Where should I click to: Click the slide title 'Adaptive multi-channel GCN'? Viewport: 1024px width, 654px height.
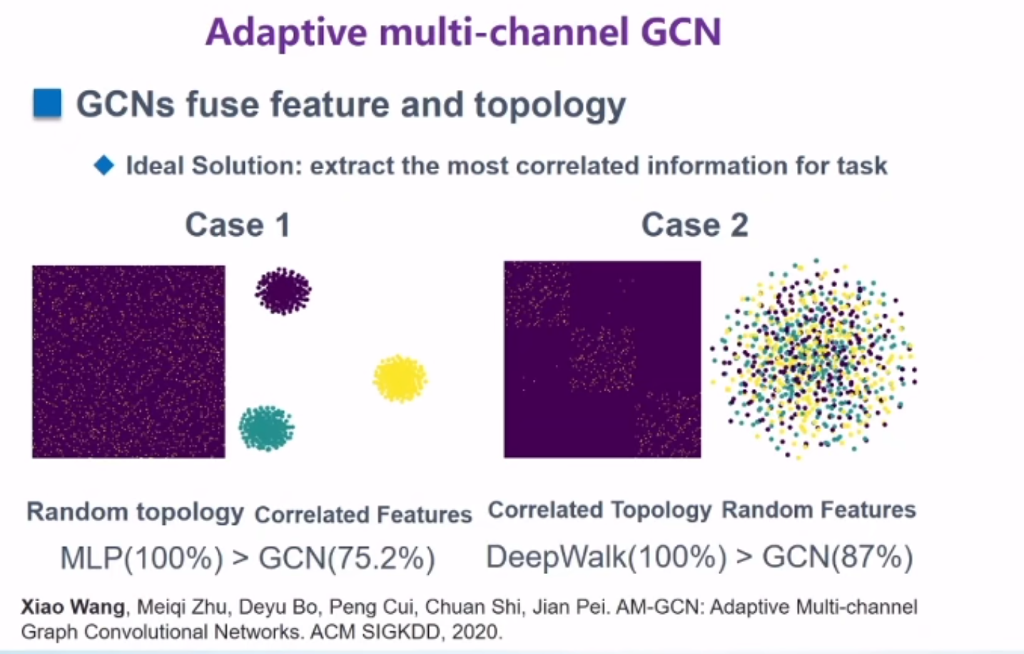(464, 32)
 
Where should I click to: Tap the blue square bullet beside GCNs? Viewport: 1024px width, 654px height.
(48, 104)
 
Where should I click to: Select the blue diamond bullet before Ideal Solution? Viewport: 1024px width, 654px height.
(104, 166)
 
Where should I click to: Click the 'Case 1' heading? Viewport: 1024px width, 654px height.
(238, 225)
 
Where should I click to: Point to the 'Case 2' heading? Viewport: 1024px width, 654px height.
(694, 225)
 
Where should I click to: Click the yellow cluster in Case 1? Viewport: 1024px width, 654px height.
(400, 378)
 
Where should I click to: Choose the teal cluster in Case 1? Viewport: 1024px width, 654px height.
(266, 428)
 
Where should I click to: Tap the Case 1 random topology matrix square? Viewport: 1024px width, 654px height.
(128, 361)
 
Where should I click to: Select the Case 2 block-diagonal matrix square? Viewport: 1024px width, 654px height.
(602, 359)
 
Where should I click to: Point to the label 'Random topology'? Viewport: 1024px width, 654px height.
(135, 512)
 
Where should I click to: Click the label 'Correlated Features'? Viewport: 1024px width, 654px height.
(363, 514)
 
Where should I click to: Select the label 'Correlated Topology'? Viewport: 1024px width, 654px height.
(599, 510)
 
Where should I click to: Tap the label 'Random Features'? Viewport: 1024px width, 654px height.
(818, 510)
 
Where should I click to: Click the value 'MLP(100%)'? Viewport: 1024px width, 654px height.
(141, 558)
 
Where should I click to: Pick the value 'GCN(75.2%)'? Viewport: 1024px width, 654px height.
(347, 558)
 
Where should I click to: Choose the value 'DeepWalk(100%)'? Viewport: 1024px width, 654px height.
(607, 556)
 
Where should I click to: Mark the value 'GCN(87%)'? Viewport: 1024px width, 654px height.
(837, 556)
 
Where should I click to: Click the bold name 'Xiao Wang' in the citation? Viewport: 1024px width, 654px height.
(73, 607)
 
